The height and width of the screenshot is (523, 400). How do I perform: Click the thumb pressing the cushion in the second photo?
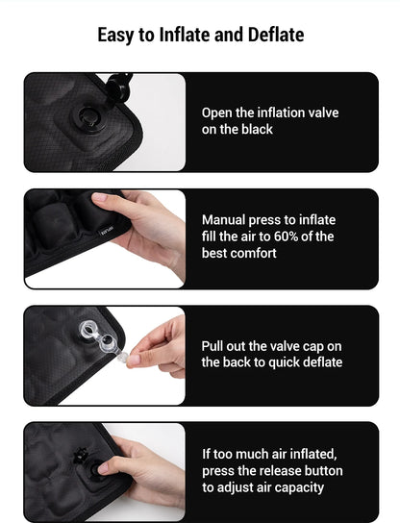[108, 200]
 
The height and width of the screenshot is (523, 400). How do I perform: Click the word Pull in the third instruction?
[213, 346]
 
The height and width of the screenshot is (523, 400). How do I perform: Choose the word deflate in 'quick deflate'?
[320, 362]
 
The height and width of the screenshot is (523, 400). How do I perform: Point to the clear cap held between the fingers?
[133, 360]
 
